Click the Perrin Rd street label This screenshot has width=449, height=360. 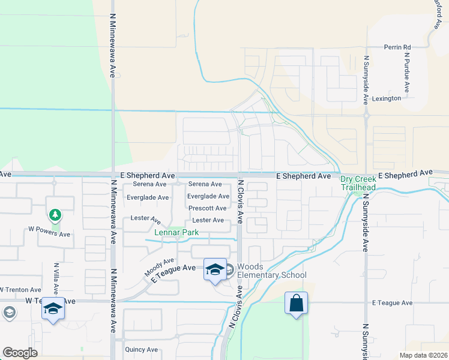(x=397, y=47)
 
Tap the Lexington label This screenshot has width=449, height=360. (x=386, y=98)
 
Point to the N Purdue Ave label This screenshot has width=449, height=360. (x=406, y=73)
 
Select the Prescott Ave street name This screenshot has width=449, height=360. (x=207, y=208)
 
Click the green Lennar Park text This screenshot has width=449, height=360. (x=176, y=233)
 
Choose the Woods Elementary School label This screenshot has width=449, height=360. (x=271, y=271)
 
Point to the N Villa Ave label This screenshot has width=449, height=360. (x=56, y=278)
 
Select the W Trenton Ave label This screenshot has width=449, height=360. (x=23, y=289)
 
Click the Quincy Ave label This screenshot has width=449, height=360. (x=141, y=350)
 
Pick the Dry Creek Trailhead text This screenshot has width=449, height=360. (x=358, y=183)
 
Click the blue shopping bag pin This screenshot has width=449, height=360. (x=297, y=303)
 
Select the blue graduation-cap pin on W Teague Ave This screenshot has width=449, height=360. (x=52, y=309)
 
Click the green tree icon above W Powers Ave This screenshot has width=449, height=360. (x=55, y=215)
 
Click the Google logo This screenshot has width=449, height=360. (x=20, y=353)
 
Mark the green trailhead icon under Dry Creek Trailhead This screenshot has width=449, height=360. (x=359, y=193)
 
